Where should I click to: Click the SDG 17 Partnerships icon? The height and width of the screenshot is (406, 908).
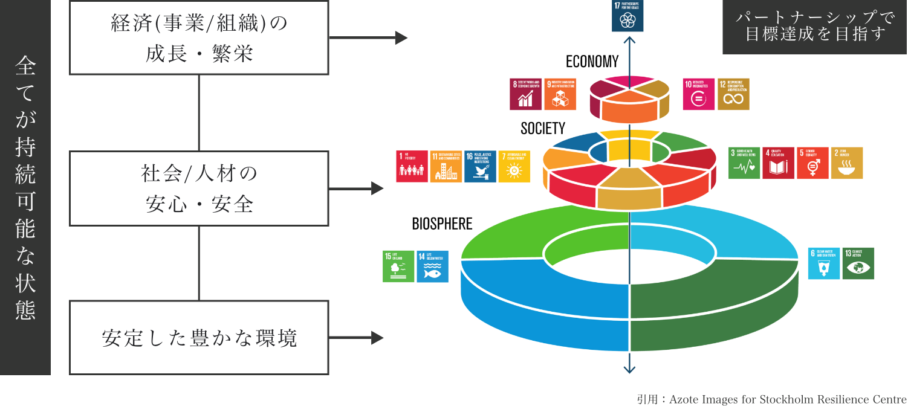coord(627,16)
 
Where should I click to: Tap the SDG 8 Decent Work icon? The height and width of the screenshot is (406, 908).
coord(526,94)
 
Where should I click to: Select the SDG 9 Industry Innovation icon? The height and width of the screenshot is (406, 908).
coord(560,94)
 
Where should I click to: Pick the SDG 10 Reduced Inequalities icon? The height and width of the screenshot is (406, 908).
coord(698,94)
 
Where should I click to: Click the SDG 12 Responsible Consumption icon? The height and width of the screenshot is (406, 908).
coord(733,94)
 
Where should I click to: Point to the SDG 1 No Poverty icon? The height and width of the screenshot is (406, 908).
coord(412,167)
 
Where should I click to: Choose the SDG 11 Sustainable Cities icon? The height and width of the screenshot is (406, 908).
coord(446,167)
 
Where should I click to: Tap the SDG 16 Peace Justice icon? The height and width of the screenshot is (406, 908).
coord(481,167)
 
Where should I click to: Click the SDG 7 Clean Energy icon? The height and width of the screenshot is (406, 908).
coord(514,167)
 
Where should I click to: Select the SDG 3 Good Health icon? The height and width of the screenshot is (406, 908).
coord(744,163)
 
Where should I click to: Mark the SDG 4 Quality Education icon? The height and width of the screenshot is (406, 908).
coord(779,163)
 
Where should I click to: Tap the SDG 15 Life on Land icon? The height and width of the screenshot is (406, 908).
coord(398,266)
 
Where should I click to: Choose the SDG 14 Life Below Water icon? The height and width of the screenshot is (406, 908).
coord(433,266)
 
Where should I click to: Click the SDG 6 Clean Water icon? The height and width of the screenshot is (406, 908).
coord(824,263)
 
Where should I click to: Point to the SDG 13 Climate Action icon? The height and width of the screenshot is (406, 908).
coord(858,263)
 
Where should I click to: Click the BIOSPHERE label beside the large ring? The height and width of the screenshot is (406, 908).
coord(443,224)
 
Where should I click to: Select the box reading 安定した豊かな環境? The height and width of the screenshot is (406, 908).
coord(199,338)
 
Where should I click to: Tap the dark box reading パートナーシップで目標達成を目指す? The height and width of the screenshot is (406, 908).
coord(814,27)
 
